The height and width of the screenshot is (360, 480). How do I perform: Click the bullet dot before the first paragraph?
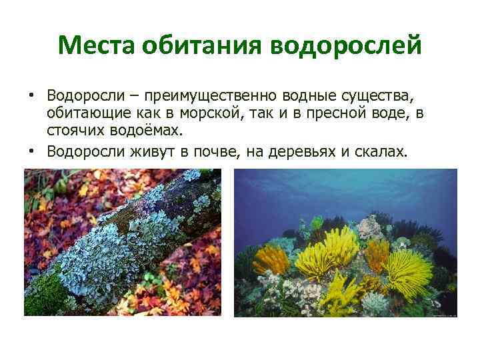32,94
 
